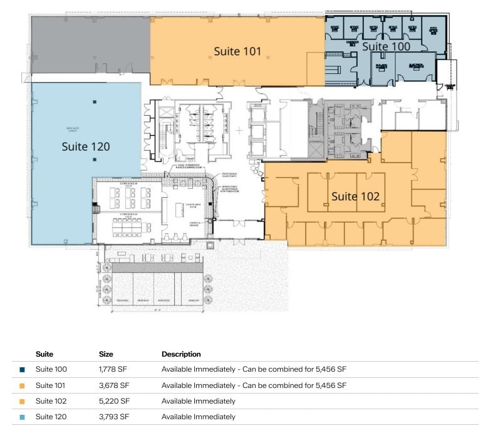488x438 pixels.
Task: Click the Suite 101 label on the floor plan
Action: (x=237, y=51)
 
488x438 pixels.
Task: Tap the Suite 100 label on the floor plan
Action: (x=387, y=46)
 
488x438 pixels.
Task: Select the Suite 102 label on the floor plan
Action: (x=355, y=196)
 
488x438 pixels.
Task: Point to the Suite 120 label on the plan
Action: (x=86, y=146)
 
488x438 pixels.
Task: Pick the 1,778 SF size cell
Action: (x=114, y=369)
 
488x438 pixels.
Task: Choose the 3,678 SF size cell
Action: (x=114, y=385)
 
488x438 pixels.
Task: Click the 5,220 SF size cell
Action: (x=114, y=401)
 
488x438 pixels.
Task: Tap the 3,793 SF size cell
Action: (x=114, y=417)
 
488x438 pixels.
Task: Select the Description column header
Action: (x=181, y=354)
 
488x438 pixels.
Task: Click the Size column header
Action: (x=106, y=354)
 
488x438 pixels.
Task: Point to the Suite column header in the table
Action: (x=44, y=354)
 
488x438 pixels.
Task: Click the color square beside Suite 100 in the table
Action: (x=23, y=370)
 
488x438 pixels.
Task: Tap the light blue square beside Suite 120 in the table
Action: (x=23, y=417)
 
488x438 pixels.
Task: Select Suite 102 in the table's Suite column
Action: (x=51, y=401)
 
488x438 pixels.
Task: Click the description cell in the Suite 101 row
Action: (x=254, y=385)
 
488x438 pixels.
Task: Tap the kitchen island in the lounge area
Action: (x=186, y=206)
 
